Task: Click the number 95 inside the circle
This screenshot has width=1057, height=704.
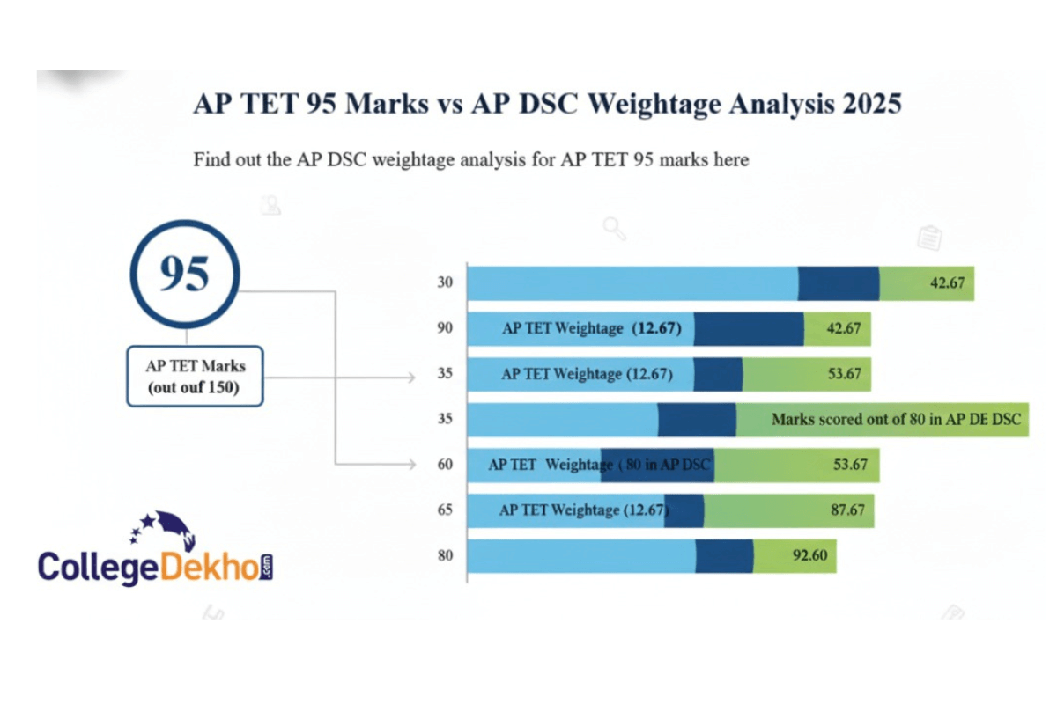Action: point(185,275)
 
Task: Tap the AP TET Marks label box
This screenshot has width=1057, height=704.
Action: point(195,376)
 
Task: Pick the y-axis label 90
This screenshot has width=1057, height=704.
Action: point(445,328)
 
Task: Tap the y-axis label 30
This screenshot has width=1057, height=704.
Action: point(445,282)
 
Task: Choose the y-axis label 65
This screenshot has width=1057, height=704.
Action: point(445,510)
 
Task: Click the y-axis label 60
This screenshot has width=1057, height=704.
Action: point(445,464)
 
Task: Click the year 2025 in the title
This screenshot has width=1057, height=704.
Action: point(871,104)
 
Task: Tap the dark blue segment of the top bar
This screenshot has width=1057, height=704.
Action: point(839,283)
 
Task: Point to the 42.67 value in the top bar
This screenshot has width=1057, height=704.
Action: point(946,283)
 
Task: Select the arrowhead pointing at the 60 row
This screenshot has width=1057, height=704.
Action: point(410,464)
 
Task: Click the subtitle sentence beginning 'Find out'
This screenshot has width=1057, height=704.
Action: point(471,160)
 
